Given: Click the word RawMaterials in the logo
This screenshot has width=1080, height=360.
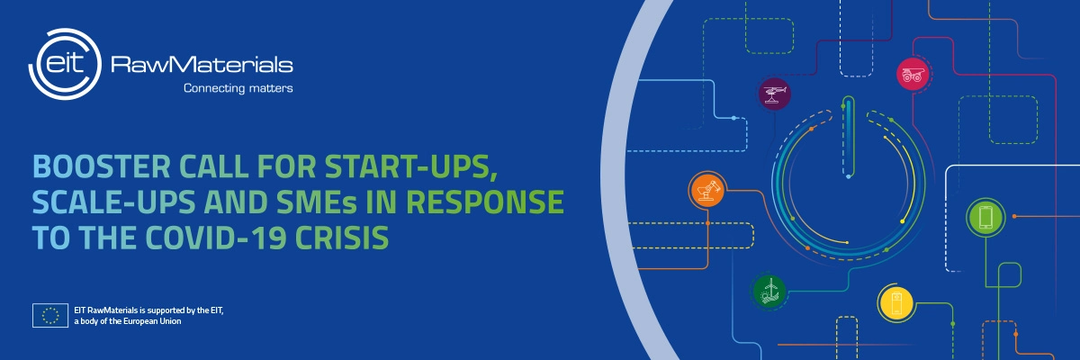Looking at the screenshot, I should click(x=200, y=65).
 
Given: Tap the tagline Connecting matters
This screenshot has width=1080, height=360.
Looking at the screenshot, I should click(x=238, y=88).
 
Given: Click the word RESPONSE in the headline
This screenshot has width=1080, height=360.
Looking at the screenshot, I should click(x=494, y=202).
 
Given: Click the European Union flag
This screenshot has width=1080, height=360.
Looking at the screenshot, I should click(x=50, y=315).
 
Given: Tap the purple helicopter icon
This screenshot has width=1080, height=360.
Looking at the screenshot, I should click(x=773, y=93).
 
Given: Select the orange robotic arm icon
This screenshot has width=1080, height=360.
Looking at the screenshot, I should click(x=706, y=190).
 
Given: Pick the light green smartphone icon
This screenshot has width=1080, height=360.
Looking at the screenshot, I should click(x=985, y=216).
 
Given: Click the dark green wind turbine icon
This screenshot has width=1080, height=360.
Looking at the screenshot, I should click(x=769, y=290).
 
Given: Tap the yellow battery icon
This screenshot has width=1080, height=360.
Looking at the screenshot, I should click(x=895, y=303).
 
